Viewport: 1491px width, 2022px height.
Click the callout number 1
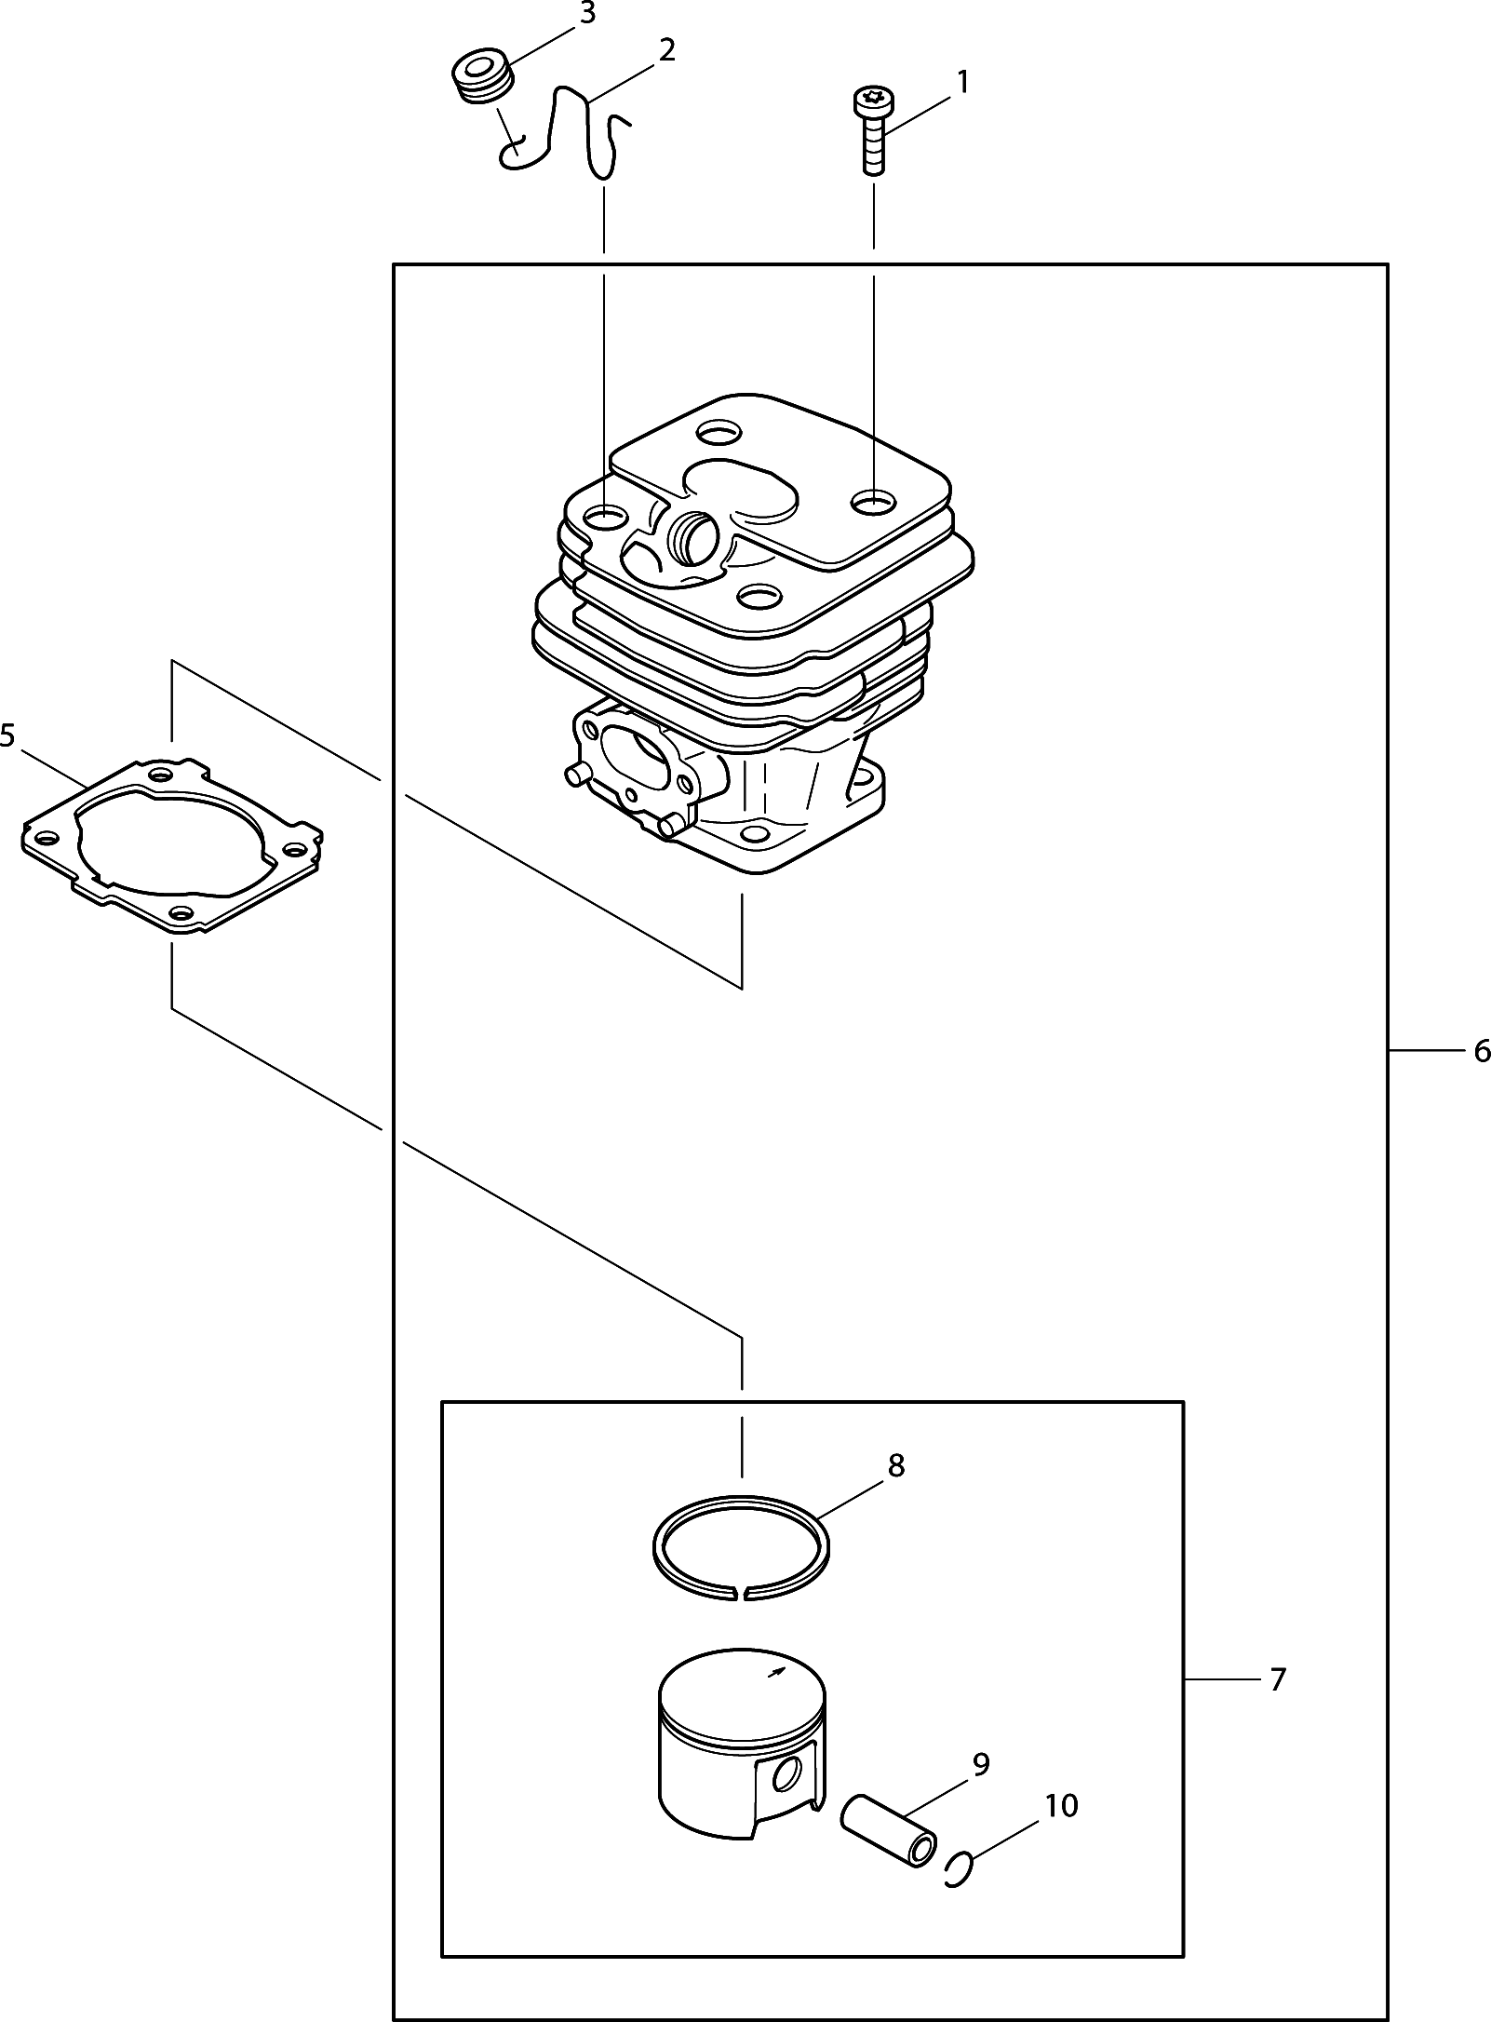(x=962, y=82)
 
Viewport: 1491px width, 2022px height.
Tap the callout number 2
(x=666, y=50)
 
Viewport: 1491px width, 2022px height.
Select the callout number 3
(x=587, y=14)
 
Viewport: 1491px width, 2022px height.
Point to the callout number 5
(x=7, y=735)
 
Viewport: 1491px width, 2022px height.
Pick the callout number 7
(x=1277, y=1679)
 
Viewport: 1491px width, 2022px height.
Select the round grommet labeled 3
(x=482, y=74)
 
